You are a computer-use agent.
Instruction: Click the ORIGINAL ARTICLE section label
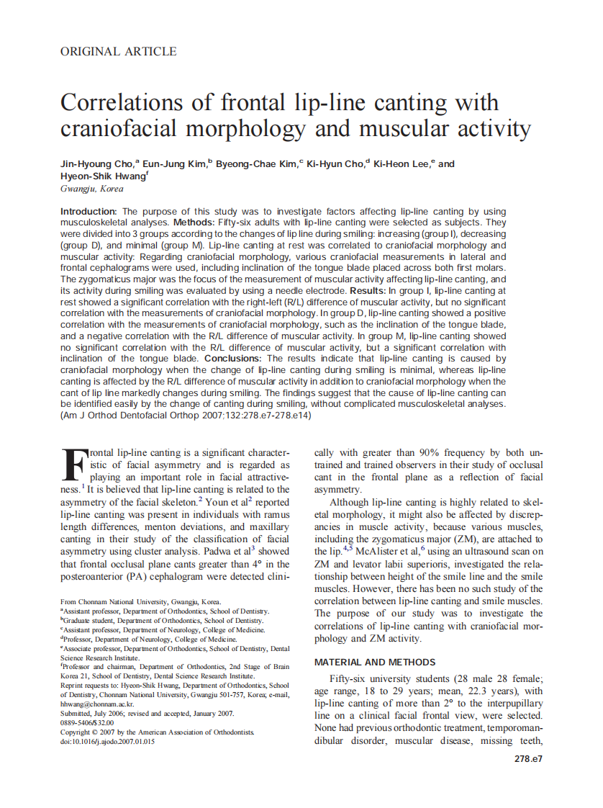point(118,51)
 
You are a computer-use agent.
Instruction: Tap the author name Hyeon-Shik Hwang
point(102,176)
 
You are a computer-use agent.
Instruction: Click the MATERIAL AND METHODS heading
point(375,662)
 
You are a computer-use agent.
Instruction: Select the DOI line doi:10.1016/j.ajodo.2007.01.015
point(107,741)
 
